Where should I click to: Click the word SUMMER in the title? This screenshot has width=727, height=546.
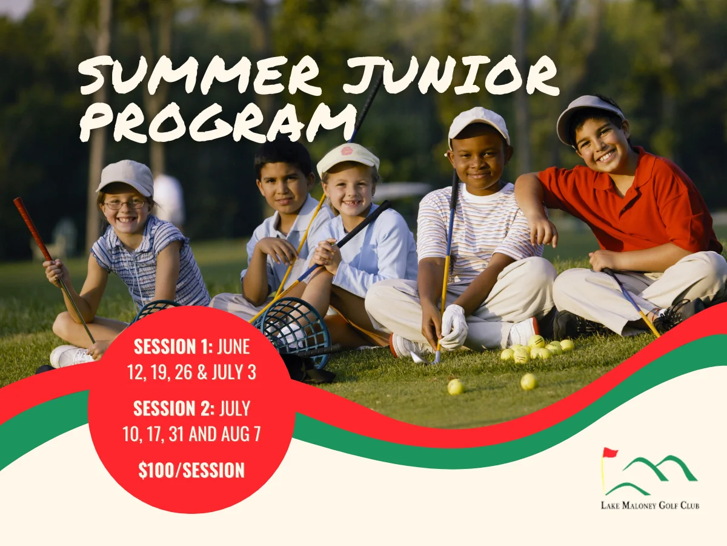click(x=200, y=76)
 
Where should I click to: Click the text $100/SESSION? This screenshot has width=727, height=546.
click(x=191, y=470)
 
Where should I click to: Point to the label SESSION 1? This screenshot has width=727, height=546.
click(x=173, y=347)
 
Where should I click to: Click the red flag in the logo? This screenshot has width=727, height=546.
click(x=609, y=453)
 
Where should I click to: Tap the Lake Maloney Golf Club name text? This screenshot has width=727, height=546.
click(x=649, y=505)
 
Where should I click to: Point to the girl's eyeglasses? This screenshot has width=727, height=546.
click(x=124, y=204)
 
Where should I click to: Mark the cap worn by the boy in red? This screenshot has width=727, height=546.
click(x=588, y=112)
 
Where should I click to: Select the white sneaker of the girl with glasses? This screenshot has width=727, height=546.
click(x=70, y=356)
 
